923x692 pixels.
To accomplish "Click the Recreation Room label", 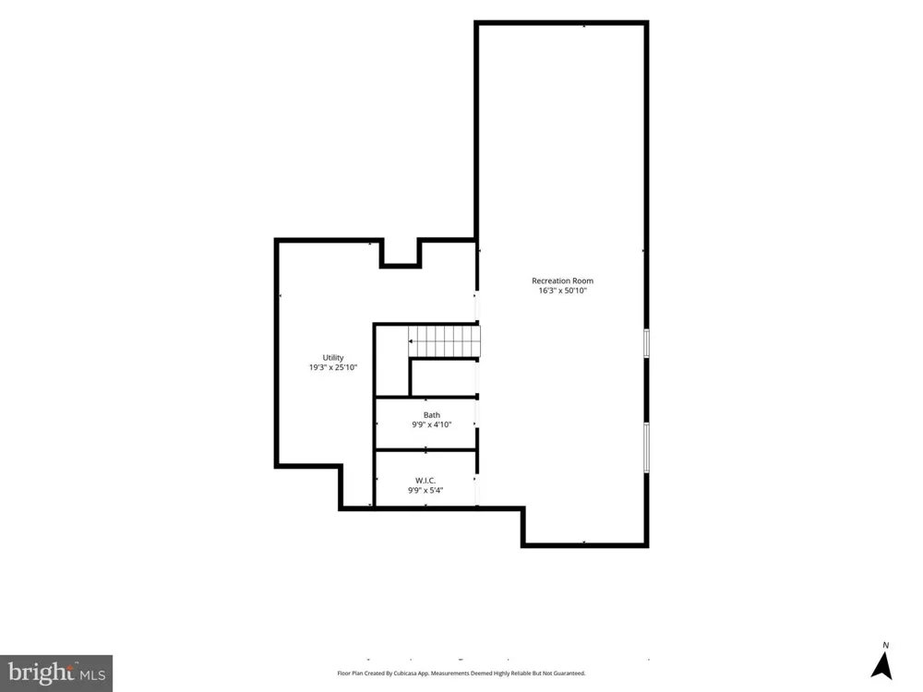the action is (562, 280).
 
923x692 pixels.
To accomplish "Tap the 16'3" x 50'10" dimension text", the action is (562, 291).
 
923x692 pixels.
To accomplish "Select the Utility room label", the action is (332, 358).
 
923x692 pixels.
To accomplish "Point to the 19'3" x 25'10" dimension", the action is (332, 368).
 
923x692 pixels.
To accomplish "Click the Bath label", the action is (431, 415).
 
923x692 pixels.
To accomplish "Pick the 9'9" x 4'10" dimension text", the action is (431, 424).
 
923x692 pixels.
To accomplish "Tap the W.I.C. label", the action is (425, 481).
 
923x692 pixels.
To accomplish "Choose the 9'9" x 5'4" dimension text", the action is (425, 490).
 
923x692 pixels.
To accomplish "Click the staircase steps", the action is (445, 341).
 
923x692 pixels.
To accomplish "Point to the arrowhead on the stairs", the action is (411, 341).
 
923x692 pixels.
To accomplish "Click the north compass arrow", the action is (881, 665).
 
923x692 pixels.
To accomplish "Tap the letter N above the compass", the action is (885, 646).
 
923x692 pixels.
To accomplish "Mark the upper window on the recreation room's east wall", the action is (646, 343).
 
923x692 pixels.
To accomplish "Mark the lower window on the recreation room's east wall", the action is (646, 447).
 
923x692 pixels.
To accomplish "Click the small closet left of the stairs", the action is (391, 360).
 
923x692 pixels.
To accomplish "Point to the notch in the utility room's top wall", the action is (401, 253).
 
